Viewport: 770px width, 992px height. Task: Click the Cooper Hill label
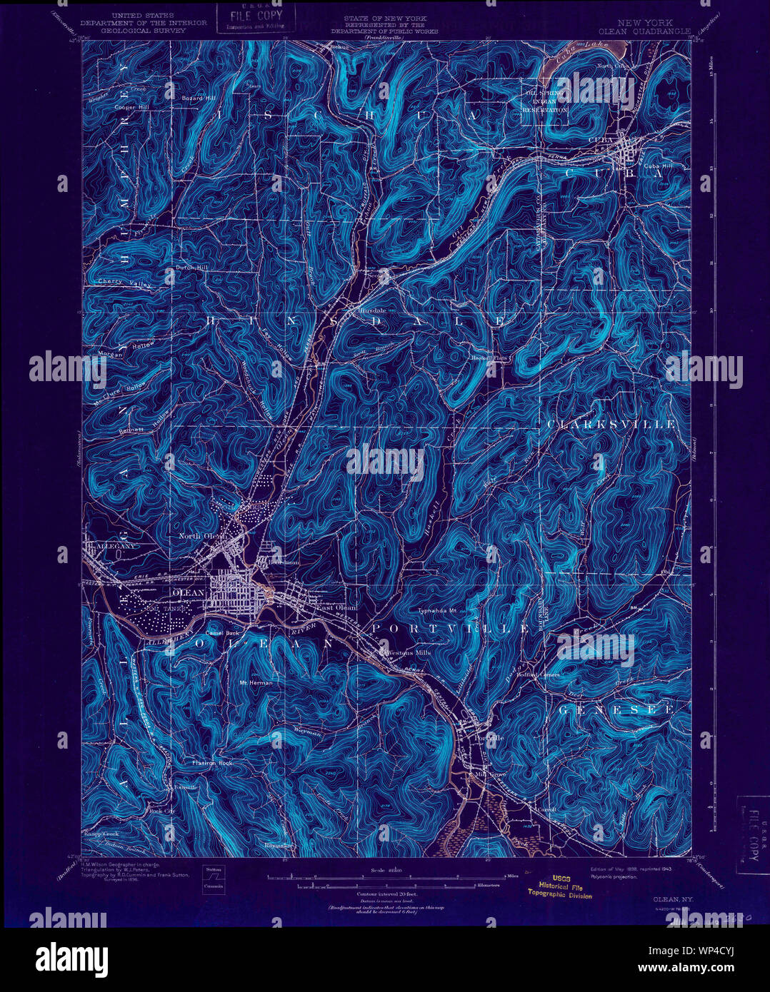pos(131,107)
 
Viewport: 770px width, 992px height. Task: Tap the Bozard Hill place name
pos(198,98)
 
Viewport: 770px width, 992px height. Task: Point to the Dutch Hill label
pos(190,268)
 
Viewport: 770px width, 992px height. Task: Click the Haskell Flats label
pos(489,358)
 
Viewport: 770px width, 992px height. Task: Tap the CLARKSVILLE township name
pos(611,424)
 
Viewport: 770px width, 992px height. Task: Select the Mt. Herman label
pos(256,682)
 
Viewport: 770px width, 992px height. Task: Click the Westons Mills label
pos(407,652)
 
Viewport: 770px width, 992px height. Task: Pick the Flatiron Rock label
pos(212,763)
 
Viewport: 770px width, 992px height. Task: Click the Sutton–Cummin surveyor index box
pos(214,878)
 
